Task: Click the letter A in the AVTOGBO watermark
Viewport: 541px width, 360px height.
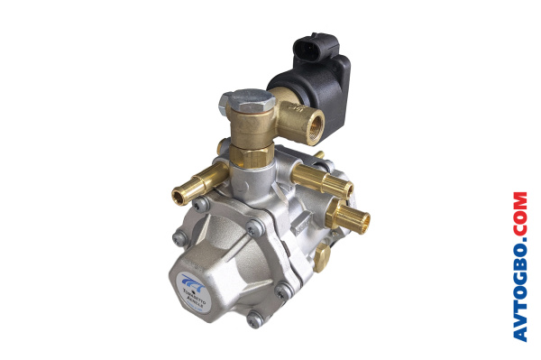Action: point(519,332)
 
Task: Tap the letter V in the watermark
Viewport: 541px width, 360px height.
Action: point(519,316)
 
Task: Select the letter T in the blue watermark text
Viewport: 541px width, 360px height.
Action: point(519,301)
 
